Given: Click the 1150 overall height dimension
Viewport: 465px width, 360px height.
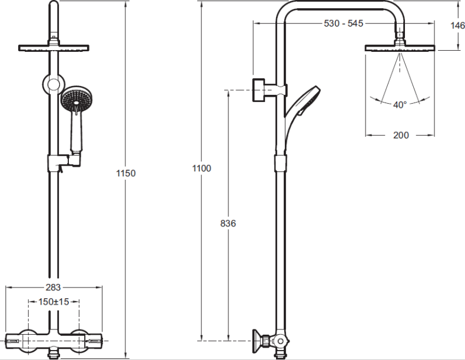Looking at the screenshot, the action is (x=126, y=173).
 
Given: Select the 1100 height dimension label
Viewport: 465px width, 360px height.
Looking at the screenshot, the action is (x=202, y=169).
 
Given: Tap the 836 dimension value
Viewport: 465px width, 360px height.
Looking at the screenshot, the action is (x=228, y=223).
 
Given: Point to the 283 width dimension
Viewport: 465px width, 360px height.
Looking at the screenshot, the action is (x=53, y=288).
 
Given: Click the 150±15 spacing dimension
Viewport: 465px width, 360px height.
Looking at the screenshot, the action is (x=54, y=302).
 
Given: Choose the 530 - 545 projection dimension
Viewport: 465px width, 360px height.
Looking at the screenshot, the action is (x=343, y=23).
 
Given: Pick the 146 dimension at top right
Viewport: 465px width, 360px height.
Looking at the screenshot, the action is (x=457, y=25).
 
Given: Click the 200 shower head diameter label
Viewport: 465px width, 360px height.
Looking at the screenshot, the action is (x=401, y=136).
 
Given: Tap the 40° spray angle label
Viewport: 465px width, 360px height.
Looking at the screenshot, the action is (x=400, y=105).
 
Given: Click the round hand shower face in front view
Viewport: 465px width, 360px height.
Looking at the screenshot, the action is (x=77, y=99).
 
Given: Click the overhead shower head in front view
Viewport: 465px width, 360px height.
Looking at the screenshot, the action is (x=54, y=48).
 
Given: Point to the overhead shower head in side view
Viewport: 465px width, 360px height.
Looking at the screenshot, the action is (x=400, y=48).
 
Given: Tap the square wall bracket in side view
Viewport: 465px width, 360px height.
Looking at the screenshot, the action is (x=258, y=90).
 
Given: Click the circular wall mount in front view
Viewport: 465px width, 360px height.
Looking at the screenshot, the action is (x=54, y=84).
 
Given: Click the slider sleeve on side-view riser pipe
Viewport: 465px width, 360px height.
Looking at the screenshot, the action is (x=281, y=163).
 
